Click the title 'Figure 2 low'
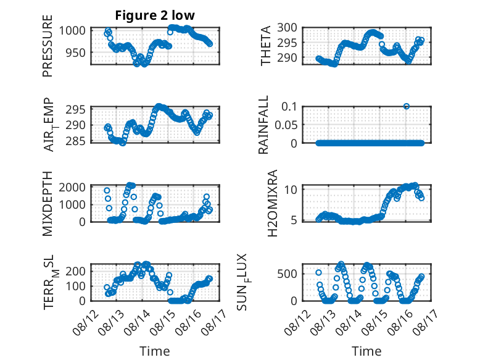[155, 15]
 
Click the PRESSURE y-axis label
[48, 46]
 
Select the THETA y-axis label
[266, 46]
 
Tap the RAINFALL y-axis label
[263, 125]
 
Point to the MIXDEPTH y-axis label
[48, 204]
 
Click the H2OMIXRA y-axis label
[272, 203]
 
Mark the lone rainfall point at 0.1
[406, 106]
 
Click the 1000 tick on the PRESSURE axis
[72, 31]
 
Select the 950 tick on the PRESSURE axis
[75, 52]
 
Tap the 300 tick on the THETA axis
[287, 28]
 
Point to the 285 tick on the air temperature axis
[75, 141]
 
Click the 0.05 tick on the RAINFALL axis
[286, 125]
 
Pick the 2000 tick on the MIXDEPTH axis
[72, 187]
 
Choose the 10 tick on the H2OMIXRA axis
[291, 190]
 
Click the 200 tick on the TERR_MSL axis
[75, 271]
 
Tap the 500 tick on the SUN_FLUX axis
[287, 274]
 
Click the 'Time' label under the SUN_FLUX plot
[366, 351]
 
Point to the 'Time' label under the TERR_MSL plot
[155, 351]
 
